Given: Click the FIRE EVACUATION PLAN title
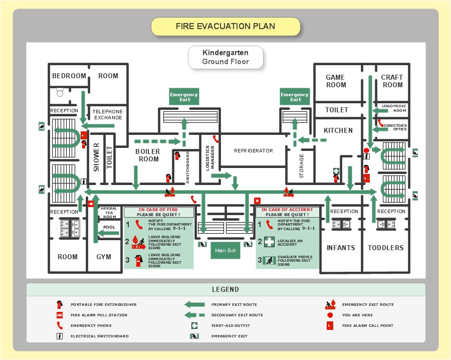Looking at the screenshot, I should (x=225, y=27).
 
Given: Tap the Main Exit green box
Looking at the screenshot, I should (x=225, y=250).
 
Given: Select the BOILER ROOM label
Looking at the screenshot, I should (x=148, y=155).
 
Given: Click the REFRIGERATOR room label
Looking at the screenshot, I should (x=254, y=150).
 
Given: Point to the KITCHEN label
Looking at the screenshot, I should (x=338, y=130).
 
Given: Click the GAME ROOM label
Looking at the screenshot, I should (x=336, y=81).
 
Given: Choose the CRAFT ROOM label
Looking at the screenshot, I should (x=392, y=81).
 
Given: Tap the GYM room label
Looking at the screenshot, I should (x=104, y=257).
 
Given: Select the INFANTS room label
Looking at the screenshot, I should (x=341, y=248).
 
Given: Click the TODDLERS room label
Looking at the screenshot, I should (x=385, y=248).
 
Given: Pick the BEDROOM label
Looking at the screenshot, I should (x=69, y=76).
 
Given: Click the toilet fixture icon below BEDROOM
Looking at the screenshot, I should (x=60, y=92).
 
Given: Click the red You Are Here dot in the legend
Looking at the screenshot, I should (x=330, y=315).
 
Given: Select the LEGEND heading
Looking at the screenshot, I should (x=225, y=289).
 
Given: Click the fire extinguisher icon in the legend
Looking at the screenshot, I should (x=60, y=304).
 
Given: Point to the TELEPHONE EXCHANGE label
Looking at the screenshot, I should (x=108, y=114).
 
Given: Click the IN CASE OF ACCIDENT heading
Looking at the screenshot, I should (x=288, y=210).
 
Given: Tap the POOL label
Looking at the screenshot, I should (x=109, y=227).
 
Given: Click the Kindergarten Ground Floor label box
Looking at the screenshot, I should (x=225, y=57).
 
